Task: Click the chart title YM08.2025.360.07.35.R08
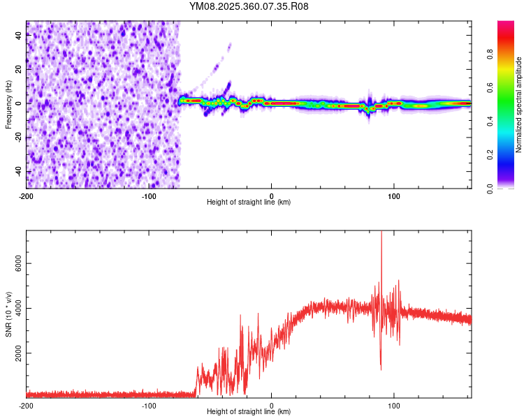pos(249,6)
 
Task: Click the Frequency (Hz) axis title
pos(8,104)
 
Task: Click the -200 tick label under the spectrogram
pos(26,196)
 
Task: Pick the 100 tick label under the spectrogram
pos(394,196)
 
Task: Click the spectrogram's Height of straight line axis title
pos(249,203)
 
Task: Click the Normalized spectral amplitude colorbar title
pos(518,105)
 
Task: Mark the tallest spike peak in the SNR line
pos(381,233)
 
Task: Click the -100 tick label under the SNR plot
pos(149,406)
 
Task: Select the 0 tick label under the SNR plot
pos(272,406)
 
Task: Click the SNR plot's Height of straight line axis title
pos(249,413)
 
